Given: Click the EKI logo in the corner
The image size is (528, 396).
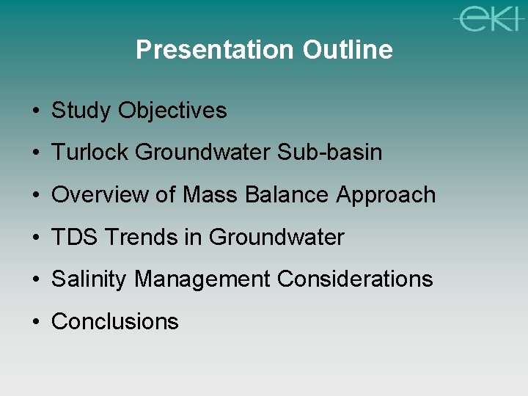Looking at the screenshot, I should [x=485, y=18].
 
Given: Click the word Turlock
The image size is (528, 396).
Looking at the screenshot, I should [x=90, y=153].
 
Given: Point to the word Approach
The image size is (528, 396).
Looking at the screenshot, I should [x=386, y=195].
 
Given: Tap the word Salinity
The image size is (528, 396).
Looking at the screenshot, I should [x=89, y=279].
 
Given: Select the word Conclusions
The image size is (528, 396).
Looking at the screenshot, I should [x=115, y=321].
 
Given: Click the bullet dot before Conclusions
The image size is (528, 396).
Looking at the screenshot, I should [x=36, y=322].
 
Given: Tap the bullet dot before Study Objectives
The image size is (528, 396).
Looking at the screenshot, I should [x=36, y=111].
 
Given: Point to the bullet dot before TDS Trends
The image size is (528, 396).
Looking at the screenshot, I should [x=36, y=238].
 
